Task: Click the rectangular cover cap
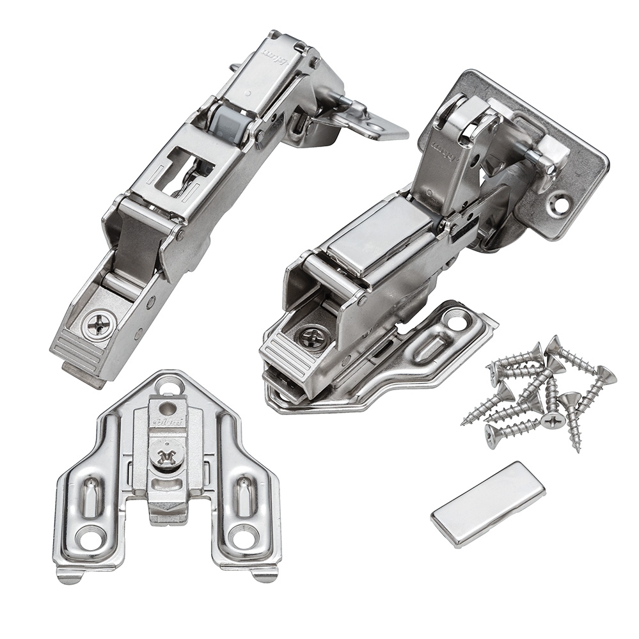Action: point(487,504)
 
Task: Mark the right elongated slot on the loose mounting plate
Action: point(246,495)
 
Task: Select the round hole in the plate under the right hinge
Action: point(457,319)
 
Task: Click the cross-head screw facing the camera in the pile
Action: point(552,420)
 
